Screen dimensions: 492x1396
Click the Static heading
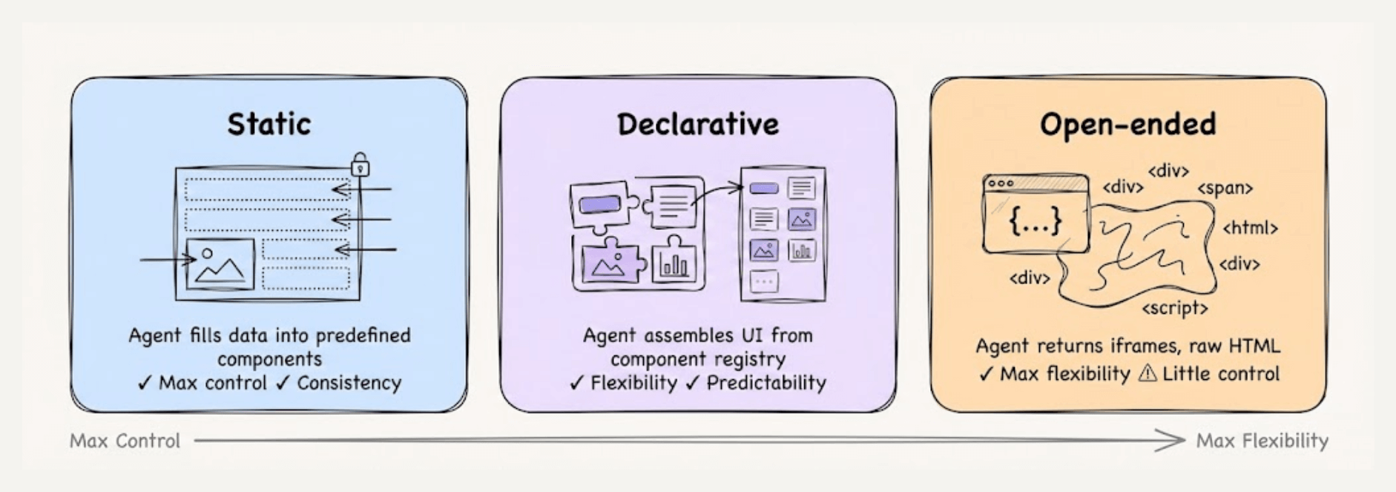click(269, 124)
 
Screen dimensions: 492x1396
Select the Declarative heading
click(698, 124)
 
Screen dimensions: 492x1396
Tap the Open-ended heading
click(1127, 124)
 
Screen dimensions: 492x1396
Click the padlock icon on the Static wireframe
click(360, 164)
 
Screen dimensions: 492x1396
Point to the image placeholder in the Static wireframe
click(220, 264)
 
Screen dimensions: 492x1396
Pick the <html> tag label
click(1250, 228)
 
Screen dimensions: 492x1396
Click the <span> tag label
click(1225, 188)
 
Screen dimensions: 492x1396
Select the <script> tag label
click(1174, 308)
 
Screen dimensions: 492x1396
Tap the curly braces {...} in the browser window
click(1036, 221)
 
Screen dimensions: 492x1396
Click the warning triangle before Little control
click(1147, 373)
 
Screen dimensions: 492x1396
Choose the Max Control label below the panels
click(125, 441)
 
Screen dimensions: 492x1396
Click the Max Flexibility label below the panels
click(1262, 441)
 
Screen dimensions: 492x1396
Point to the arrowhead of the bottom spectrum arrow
click(1176, 440)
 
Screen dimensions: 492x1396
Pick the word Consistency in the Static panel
click(349, 383)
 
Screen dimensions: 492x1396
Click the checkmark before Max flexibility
click(985, 373)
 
